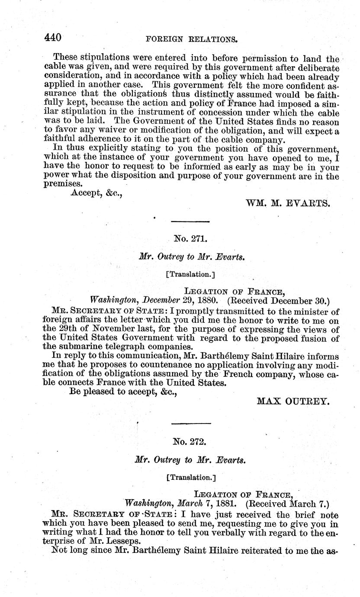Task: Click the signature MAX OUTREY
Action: tap(293, 401)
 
